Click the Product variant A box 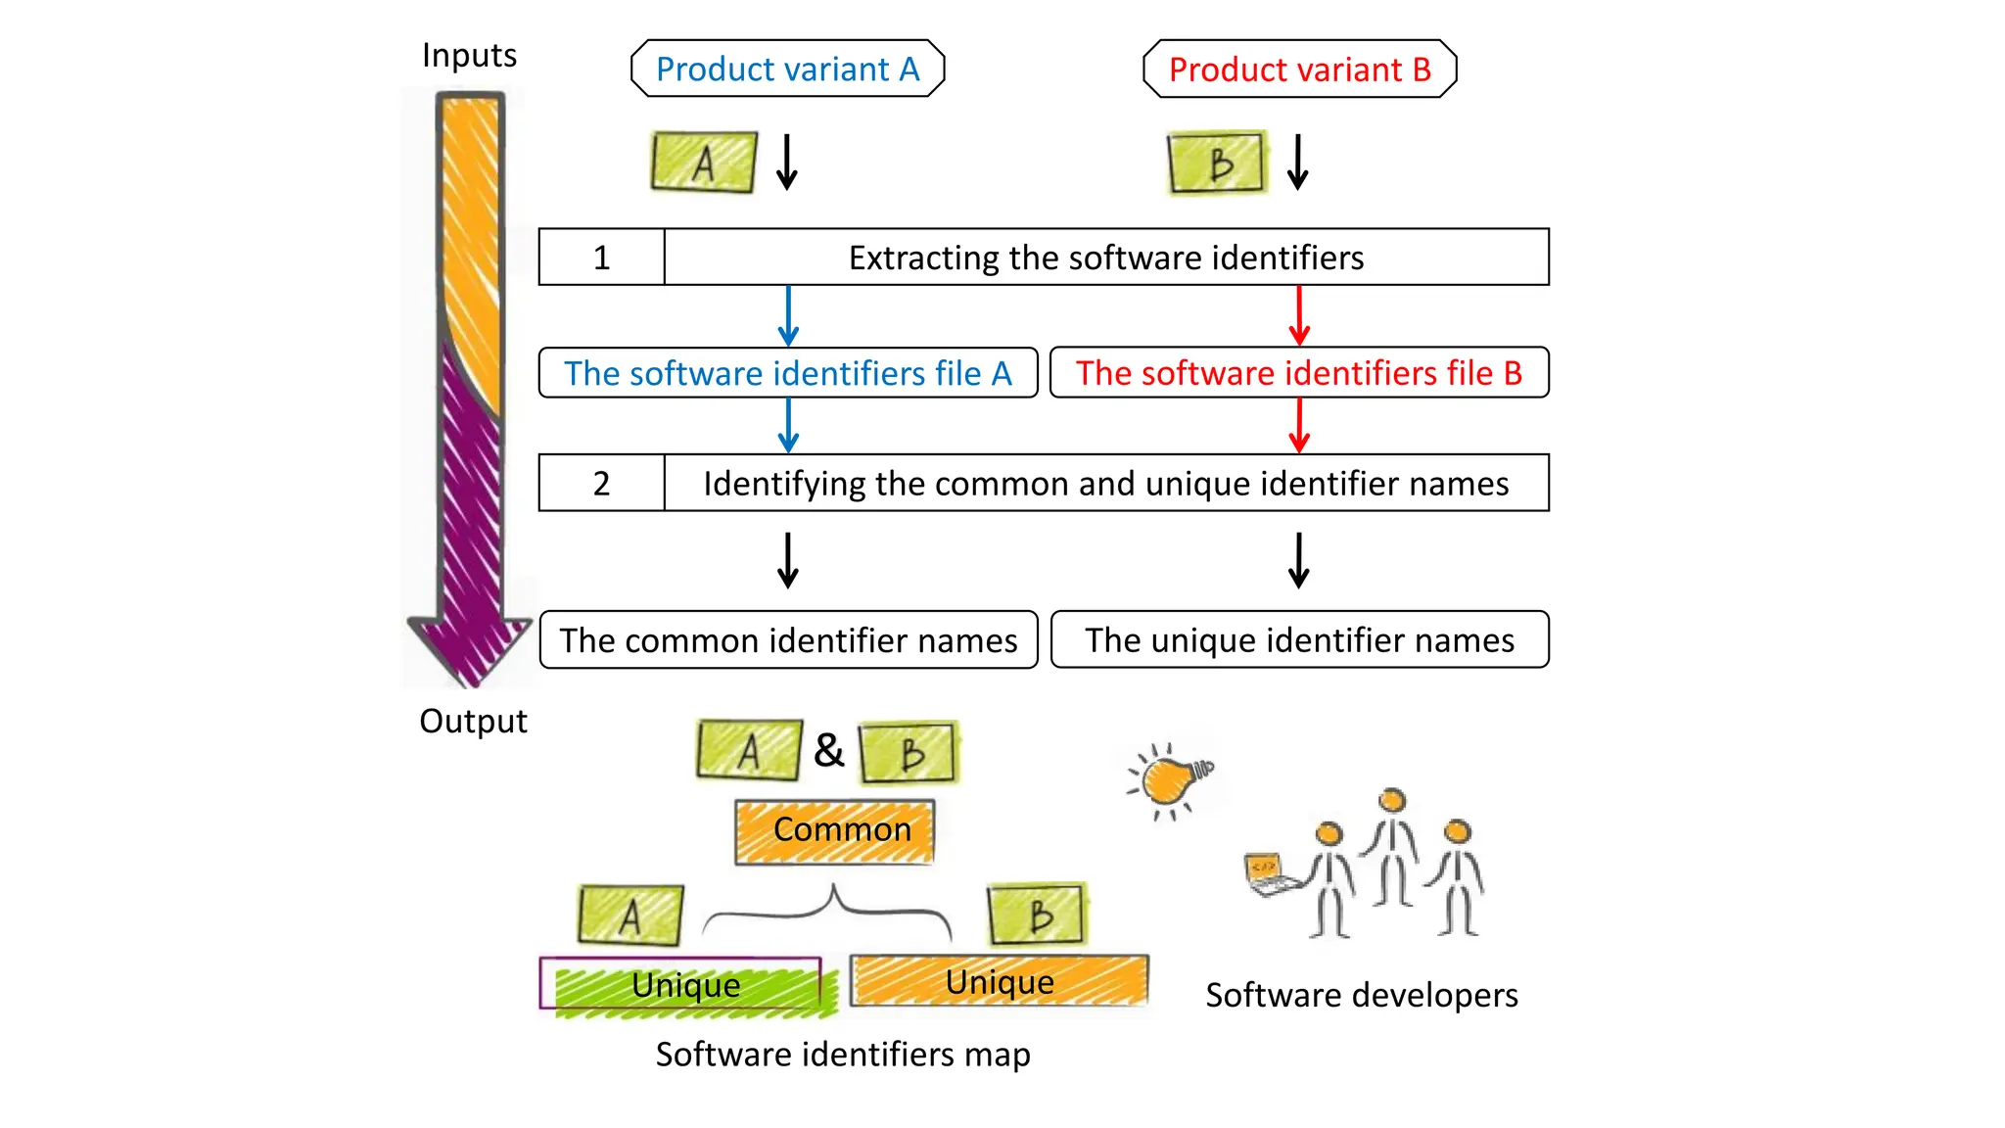787,69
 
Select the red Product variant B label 1299,70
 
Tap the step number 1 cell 601,258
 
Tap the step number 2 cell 601,483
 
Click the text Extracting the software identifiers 1105,258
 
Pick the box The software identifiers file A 787,373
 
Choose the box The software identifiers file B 1299,373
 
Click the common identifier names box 788,640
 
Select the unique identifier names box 1299,640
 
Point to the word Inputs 469,56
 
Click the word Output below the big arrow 473,722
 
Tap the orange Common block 835,831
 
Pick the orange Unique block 999,981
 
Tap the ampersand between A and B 828,751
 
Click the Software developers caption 1361,996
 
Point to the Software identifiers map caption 842,1055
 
